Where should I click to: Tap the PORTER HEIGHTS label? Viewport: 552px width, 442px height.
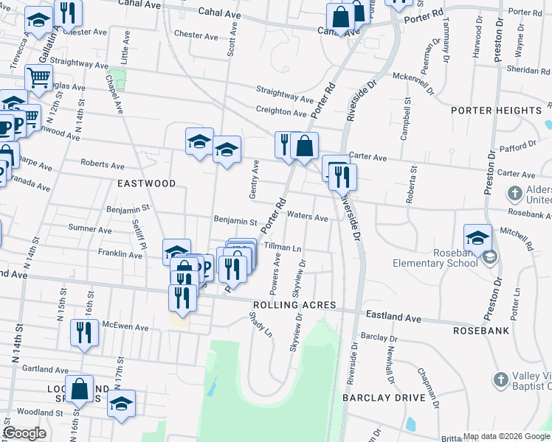pos(497,110)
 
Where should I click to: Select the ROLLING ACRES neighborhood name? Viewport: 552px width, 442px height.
pos(294,305)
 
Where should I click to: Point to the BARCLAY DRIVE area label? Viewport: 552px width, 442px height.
pos(384,397)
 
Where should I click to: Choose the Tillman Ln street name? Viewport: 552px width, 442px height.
pos(283,249)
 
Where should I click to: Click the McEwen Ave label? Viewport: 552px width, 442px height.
pos(125,328)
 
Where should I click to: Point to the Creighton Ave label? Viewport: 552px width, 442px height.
pos(280,113)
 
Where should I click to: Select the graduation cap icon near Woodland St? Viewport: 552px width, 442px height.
pos(121,403)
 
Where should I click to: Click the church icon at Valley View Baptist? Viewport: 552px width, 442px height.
pos(500,380)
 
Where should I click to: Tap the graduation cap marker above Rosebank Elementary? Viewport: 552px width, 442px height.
pos(477,238)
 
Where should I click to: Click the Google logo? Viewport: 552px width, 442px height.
pos(24,433)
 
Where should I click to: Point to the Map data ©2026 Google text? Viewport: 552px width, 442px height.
pos(506,436)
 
